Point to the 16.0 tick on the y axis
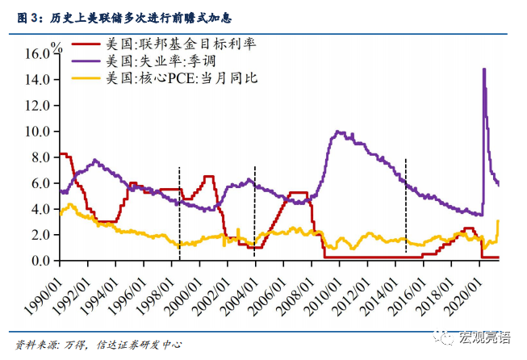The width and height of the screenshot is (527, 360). point(38,53)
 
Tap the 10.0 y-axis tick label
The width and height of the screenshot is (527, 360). point(38,131)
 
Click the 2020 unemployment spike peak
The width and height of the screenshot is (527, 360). point(483,69)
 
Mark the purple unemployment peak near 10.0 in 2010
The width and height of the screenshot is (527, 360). point(338,132)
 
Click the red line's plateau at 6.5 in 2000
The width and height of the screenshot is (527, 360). point(208,176)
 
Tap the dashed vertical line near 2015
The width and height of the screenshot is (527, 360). point(405,206)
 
